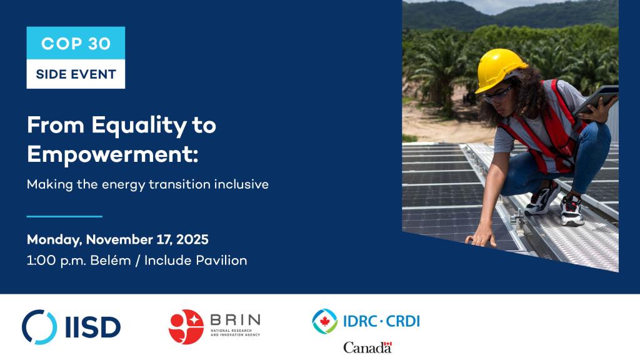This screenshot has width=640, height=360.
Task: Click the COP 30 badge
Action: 76,43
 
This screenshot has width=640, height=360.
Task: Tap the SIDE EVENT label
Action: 76,74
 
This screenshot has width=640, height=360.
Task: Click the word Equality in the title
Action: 133,125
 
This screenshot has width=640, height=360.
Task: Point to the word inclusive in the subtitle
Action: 241,185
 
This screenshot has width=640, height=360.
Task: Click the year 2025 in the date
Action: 192,239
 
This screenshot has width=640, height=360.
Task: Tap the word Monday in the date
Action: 53,239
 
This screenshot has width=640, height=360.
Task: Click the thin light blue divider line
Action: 64,216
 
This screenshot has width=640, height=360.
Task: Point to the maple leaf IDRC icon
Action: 324,321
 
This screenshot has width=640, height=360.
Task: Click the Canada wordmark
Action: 367,347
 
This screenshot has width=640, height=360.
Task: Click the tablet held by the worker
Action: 596,101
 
